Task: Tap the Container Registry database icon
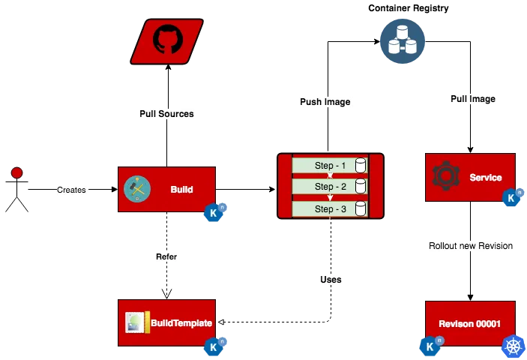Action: coord(403,41)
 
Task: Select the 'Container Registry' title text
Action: coord(409,8)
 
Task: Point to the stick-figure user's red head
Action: coord(16,172)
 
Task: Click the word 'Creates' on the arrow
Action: coord(71,190)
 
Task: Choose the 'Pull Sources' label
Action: coord(166,114)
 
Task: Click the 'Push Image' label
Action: coord(325,102)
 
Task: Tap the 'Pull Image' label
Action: coord(473,99)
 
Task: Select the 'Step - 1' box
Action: coord(330,166)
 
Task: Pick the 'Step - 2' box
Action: coord(330,186)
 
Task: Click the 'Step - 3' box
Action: coord(330,208)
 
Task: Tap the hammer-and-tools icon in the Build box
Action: coord(137,189)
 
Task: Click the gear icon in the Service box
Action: coord(446,175)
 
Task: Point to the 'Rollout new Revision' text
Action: coord(471,246)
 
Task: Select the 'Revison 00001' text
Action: coord(469,324)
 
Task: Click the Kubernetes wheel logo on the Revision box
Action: coord(514,347)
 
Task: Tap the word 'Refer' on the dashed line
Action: coord(166,256)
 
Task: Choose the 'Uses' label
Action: coord(331,280)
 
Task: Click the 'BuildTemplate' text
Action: coord(181,323)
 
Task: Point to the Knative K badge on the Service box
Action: coord(512,197)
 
